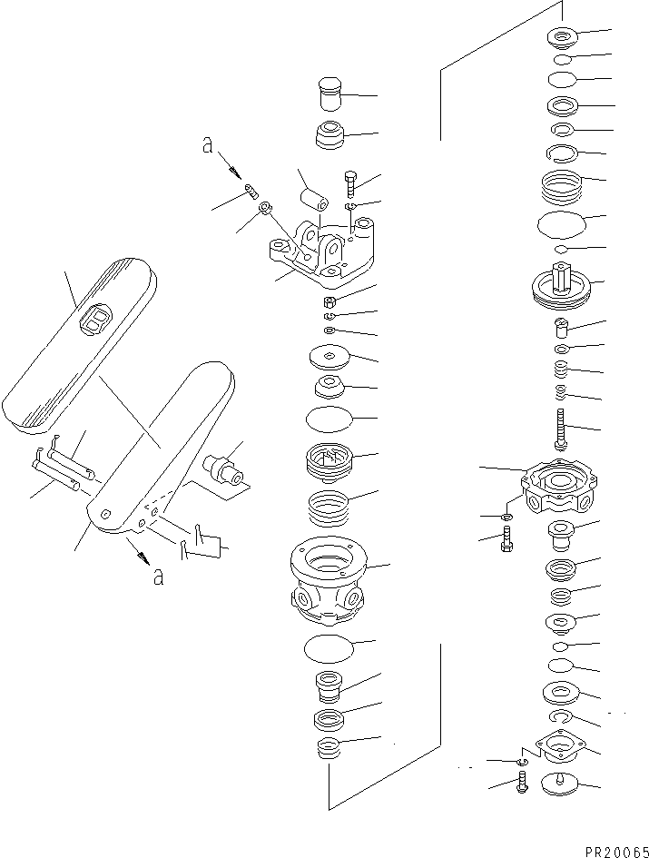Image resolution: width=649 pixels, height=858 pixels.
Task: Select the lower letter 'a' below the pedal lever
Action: coord(158,577)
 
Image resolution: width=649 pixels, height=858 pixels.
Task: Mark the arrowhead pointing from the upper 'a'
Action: coord(238,173)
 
